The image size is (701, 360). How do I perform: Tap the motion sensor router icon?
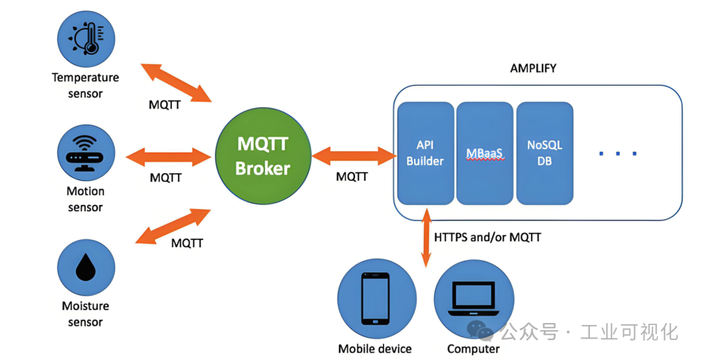tap(86, 154)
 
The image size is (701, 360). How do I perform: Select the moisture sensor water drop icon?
tap(86, 267)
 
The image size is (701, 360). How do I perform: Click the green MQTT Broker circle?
tap(262, 156)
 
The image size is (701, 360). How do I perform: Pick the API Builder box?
tap(425, 152)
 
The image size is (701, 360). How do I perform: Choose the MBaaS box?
tap(485, 152)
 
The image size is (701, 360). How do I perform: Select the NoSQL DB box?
tap(545, 152)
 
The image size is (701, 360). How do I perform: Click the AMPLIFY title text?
tap(533, 68)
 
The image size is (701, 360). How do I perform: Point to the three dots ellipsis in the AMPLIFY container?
tap(617, 154)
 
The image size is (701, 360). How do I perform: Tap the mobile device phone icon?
tap(376, 298)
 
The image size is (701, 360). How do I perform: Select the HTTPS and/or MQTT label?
tap(487, 237)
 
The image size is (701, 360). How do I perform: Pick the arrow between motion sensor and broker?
tap(169, 156)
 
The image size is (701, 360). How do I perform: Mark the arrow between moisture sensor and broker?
tap(173, 226)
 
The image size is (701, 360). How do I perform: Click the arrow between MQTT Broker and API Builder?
tap(354, 155)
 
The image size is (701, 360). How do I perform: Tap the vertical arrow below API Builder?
tap(426, 237)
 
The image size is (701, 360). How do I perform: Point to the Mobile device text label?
tap(375, 349)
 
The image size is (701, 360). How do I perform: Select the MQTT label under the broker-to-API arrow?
tap(352, 176)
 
